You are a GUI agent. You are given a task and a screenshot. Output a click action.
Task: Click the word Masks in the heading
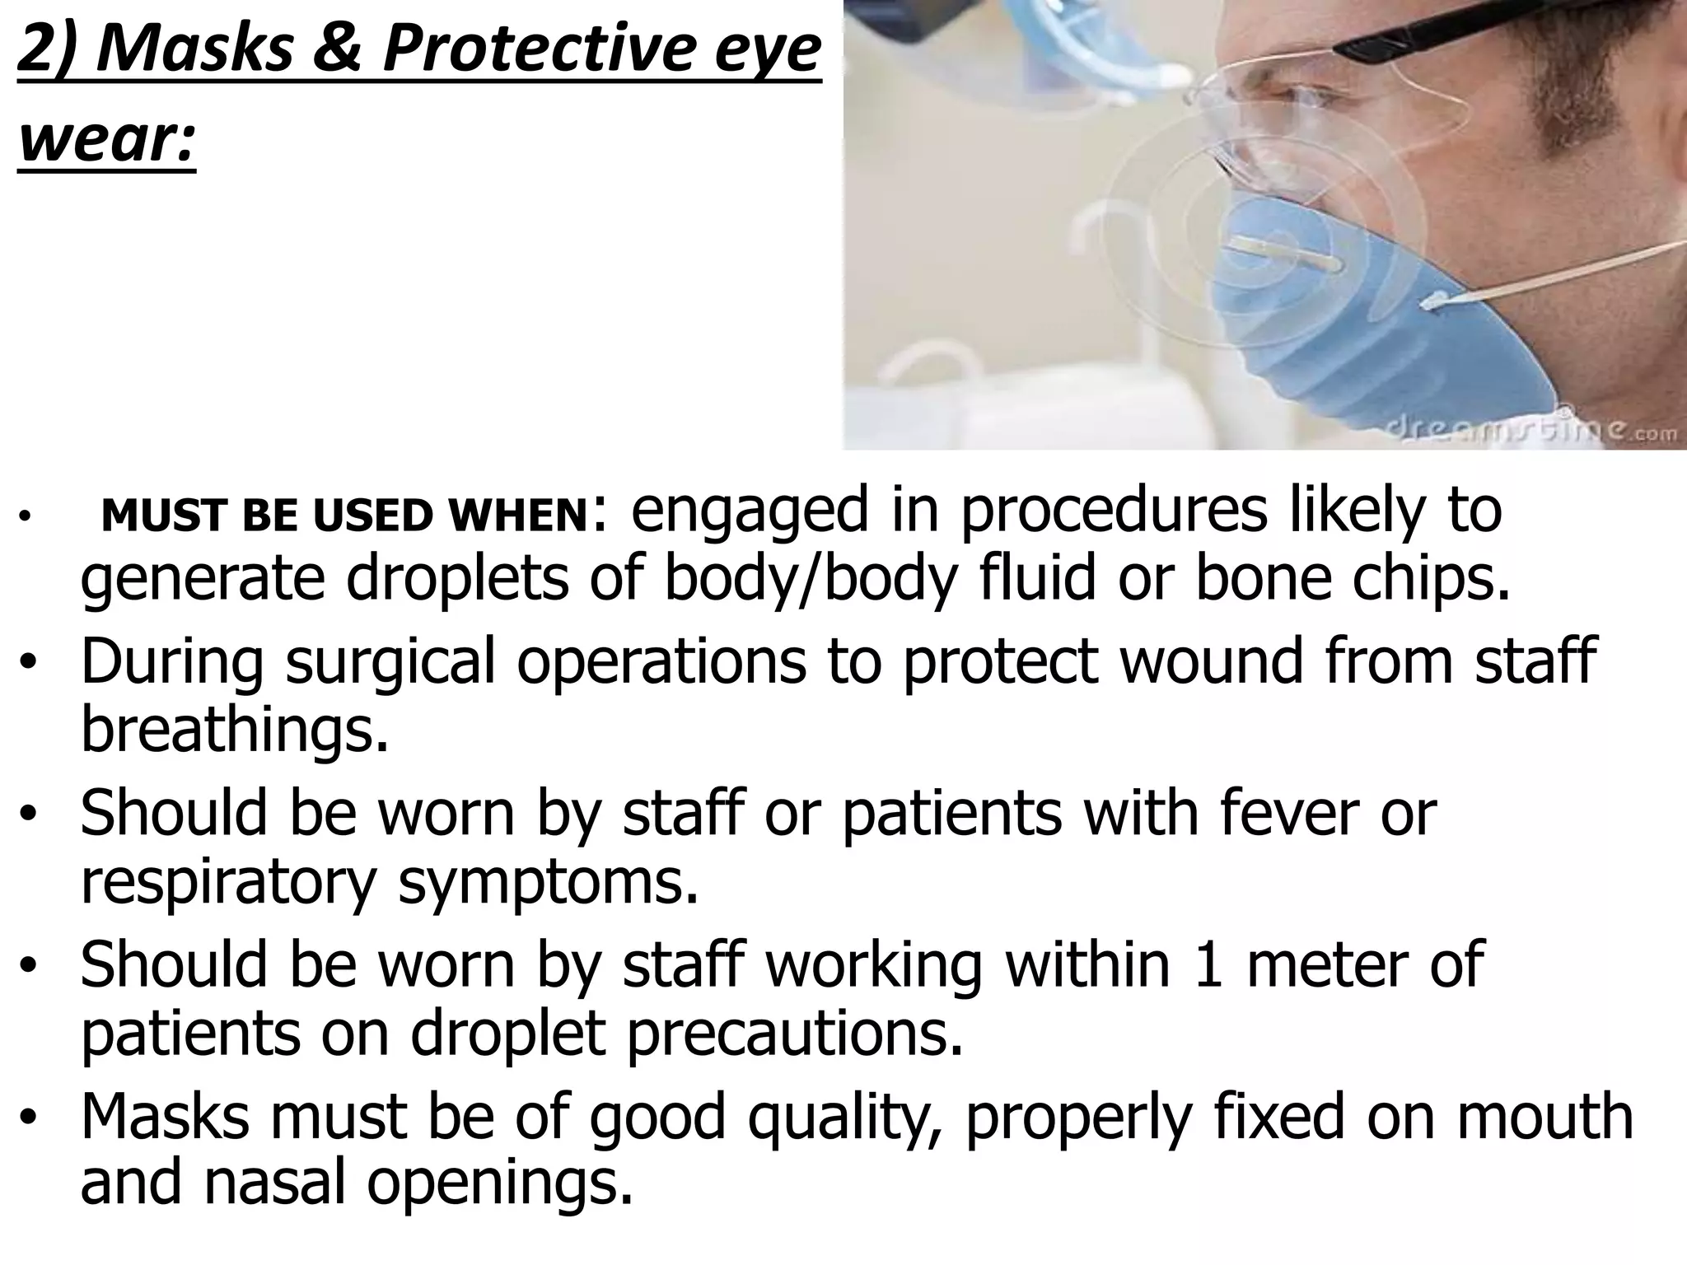point(194,49)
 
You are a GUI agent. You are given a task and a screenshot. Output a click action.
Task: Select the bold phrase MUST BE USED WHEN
point(342,516)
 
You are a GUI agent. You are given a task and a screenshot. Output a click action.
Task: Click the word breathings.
point(234,730)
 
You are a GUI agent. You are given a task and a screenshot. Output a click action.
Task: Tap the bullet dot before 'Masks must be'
point(30,1118)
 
